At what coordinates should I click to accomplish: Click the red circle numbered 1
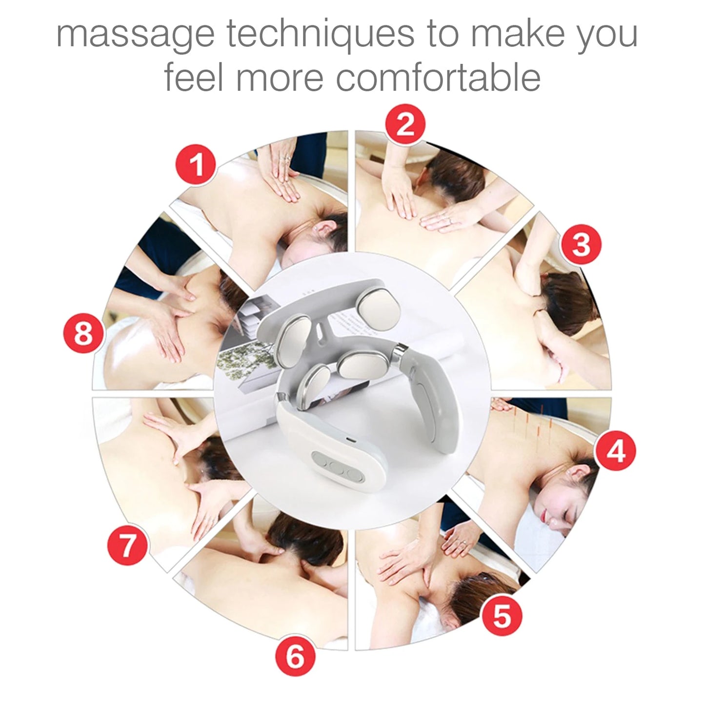(x=196, y=164)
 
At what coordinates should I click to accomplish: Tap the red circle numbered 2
(x=405, y=124)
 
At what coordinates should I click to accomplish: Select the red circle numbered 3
(x=581, y=244)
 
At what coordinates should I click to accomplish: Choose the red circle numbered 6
(x=295, y=656)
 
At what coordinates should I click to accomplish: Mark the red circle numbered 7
(x=127, y=544)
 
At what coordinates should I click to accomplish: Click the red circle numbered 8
(x=83, y=335)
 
